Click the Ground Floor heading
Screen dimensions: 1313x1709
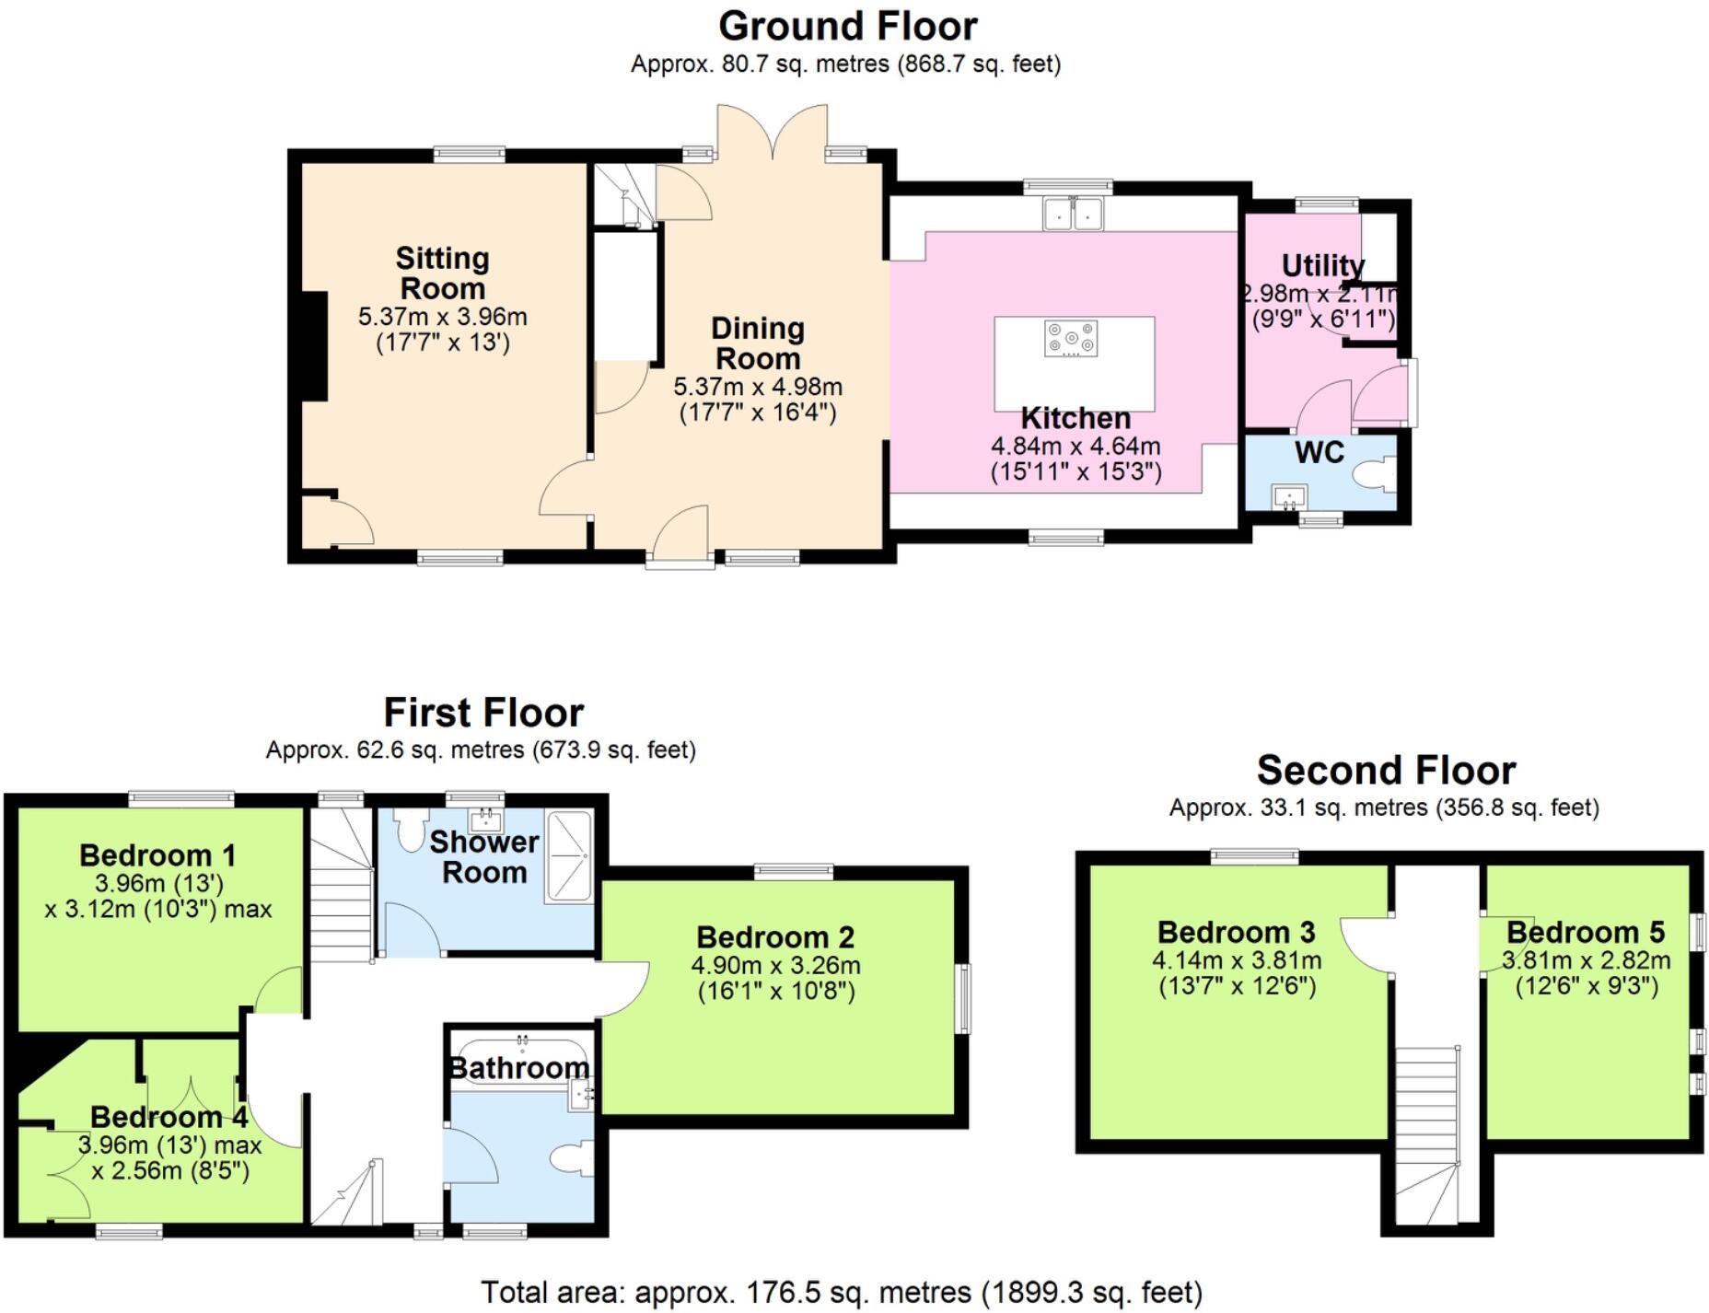tap(847, 26)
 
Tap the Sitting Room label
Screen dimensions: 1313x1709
tap(442, 273)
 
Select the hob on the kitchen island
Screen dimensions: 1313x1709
tap(1071, 338)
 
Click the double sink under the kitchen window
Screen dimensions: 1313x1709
tap(1073, 215)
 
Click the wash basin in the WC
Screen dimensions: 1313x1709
tap(1290, 498)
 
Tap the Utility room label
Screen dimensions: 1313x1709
tap(1322, 265)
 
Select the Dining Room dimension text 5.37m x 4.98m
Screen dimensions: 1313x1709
tap(758, 387)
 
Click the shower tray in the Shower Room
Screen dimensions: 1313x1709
tap(568, 856)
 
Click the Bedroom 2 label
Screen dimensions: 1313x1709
tap(775, 937)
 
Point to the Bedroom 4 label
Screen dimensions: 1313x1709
tap(169, 1117)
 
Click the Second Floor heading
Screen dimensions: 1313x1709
tap(1385, 770)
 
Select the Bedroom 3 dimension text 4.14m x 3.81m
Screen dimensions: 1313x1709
tap(1236, 960)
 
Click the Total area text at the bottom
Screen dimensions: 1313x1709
tap(841, 1292)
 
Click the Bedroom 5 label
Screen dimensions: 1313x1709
tap(1585, 932)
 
